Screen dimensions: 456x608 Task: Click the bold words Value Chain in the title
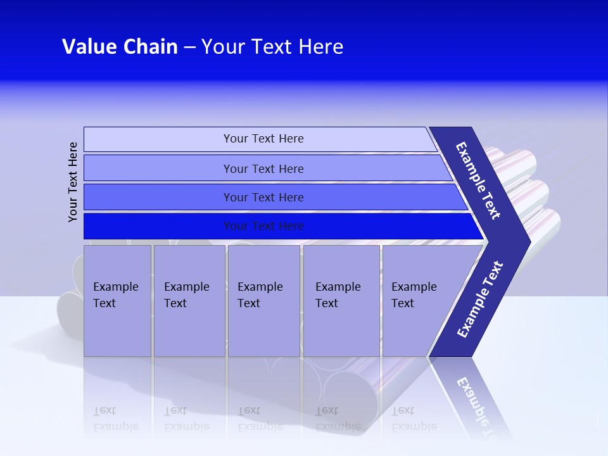point(120,47)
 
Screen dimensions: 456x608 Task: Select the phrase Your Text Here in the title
point(272,47)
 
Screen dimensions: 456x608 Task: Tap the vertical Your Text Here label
point(73,182)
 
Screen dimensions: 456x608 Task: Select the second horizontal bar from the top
point(263,168)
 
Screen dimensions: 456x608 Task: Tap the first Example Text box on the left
point(117,301)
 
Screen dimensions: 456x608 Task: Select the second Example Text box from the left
point(189,301)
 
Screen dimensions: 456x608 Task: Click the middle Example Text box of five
point(263,301)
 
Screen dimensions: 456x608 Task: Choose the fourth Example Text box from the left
point(341,301)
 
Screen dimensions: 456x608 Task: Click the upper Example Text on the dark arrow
point(479,180)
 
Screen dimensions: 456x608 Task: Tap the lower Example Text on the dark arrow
point(480,300)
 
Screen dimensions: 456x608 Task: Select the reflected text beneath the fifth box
point(414,419)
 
